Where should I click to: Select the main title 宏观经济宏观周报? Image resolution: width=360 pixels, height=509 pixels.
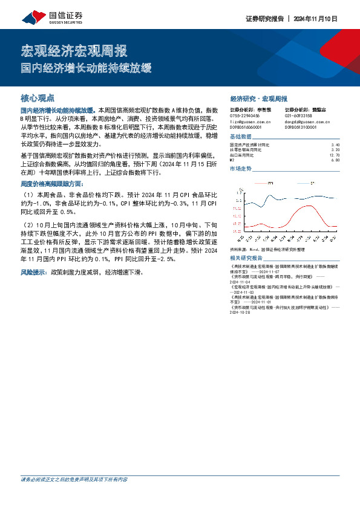pyautogui.click(x=74, y=50)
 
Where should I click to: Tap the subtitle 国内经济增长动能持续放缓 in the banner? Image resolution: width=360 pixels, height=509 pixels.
pyautogui.click(x=86, y=67)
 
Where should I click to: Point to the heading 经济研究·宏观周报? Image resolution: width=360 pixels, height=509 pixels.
pyautogui.click(x=258, y=99)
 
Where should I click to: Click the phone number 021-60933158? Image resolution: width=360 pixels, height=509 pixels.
pyautogui.click(x=298, y=115)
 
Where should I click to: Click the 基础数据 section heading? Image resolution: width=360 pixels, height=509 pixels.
pyautogui.click(x=241, y=137)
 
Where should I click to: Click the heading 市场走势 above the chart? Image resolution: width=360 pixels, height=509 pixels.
pyautogui.click(x=241, y=169)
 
